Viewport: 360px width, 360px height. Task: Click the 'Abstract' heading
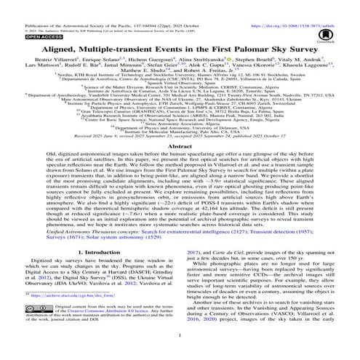(180, 145)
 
